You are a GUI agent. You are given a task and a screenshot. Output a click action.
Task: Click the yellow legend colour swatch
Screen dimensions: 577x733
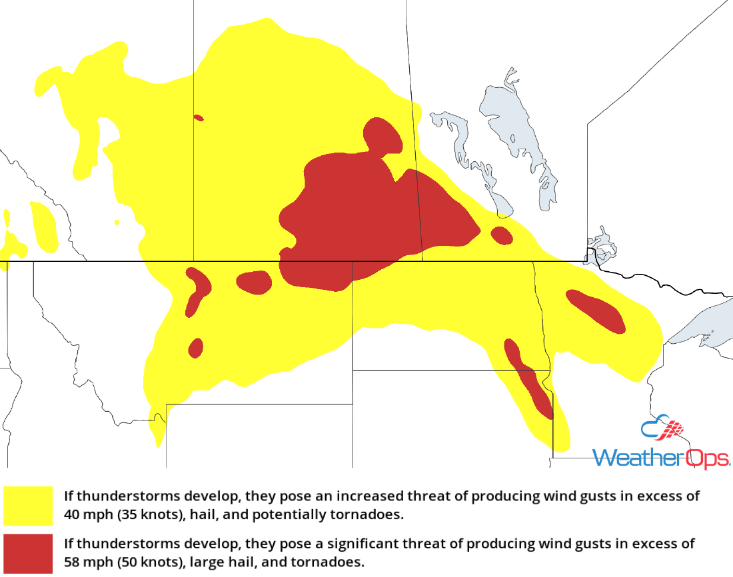pyautogui.click(x=28, y=505)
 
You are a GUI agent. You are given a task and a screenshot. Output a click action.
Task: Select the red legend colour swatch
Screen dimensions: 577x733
pyautogui.click(x=28, y=553)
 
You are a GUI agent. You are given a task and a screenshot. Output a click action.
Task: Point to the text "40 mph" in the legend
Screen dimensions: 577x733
pyautogui.click(x=85, y=514)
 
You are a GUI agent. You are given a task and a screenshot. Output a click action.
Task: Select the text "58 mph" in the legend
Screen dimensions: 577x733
pyautogui.click(x=85, y=562)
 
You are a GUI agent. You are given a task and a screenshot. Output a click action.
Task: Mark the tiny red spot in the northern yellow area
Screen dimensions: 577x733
pyautogui.click(x=198, y=118)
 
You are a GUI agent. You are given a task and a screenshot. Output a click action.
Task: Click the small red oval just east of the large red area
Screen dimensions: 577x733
pyautogui.click(x=502, y=235)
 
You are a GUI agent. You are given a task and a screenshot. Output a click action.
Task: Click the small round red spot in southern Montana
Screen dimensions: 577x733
pyautogui.click(x=196, y=348)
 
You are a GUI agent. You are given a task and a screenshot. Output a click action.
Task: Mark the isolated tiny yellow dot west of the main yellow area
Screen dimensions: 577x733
pyautogui.click(x=117, y=222)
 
